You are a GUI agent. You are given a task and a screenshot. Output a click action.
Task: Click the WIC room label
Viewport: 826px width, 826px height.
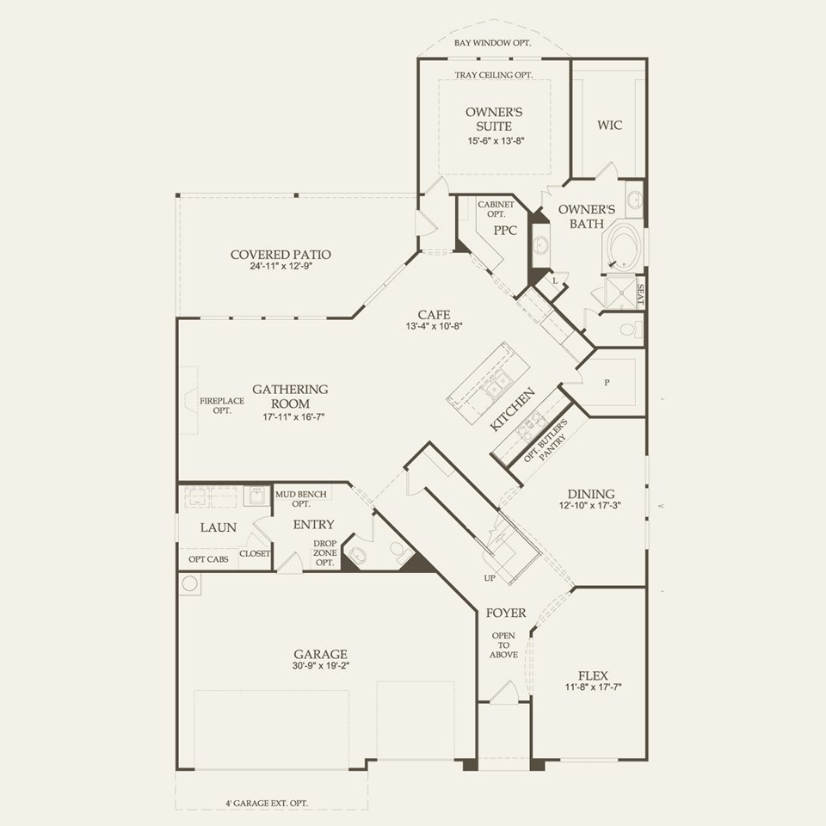coord(610,125)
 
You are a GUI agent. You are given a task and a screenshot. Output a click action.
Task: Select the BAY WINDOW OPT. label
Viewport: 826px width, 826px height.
coord(493,42)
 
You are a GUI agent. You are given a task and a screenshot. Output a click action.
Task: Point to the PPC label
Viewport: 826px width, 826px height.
coord(505,231)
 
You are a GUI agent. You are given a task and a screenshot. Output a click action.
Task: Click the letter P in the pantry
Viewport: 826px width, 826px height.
coord(607,382)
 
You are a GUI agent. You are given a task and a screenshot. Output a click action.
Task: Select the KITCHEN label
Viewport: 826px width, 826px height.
coord(514,410)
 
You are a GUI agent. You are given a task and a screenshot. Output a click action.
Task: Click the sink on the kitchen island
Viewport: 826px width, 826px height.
coord(496,389)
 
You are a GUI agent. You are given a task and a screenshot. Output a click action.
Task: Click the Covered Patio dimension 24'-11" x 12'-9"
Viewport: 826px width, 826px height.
coord(280,267)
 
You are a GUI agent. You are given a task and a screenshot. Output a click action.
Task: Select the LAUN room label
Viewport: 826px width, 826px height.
coord(219,527)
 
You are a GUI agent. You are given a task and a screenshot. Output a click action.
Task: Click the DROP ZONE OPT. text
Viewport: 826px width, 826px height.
coord(324,552)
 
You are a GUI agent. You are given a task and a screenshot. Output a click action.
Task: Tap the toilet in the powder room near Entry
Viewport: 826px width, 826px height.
coord(358,554)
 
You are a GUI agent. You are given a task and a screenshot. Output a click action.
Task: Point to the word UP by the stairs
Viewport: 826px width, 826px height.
coord(490,577)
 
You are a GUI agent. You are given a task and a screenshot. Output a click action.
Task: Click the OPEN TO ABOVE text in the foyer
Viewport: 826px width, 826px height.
coord(504,645)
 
